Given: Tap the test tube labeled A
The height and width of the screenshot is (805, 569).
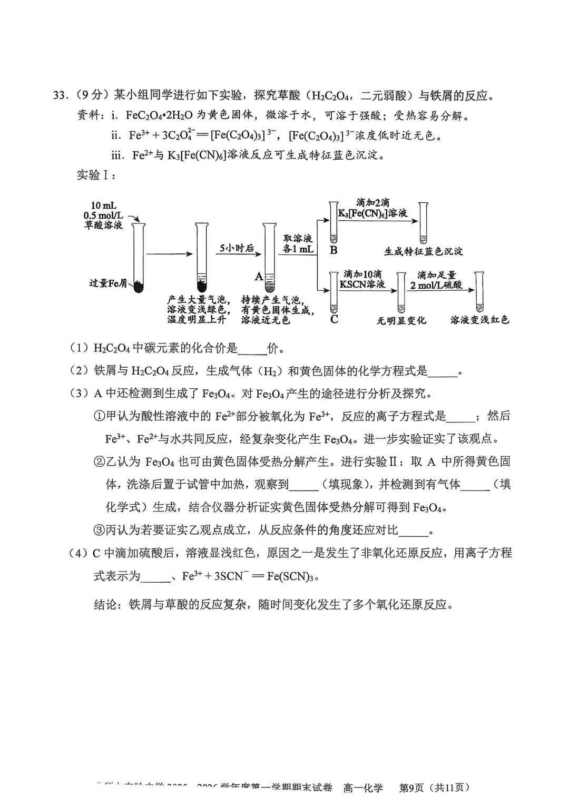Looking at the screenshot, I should click(x=270, y=258).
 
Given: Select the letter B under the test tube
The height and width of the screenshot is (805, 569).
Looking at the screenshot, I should click(x=333, y=251).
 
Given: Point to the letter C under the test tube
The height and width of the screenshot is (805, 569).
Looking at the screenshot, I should click(x=334, y=319).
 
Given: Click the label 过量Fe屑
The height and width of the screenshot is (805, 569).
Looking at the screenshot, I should click(x=109, y=283).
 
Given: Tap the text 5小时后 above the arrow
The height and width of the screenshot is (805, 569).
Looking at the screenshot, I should click(x=237, y=248).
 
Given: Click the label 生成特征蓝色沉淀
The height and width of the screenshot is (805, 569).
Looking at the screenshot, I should click(x=423, y=251).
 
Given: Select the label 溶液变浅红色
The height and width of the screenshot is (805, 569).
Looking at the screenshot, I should click(x=479, y=320).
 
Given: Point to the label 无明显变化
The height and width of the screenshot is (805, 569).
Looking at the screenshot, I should click(x=401, y=320).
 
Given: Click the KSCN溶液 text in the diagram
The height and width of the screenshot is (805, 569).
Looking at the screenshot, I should click(x=362, y=284).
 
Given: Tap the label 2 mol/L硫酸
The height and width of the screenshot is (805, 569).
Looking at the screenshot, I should click(x=436, y=285).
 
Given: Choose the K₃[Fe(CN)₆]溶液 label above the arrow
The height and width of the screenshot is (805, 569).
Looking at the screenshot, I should click(x=372, y=213).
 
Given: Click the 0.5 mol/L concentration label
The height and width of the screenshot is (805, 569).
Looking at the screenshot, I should click(x=103, y=215).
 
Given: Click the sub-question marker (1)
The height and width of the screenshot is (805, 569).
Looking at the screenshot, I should click(x=80, y=348).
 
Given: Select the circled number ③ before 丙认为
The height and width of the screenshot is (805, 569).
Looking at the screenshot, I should click(x=100, y=530).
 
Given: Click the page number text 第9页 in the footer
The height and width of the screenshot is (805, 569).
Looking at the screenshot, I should click(x=411, y=788).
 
